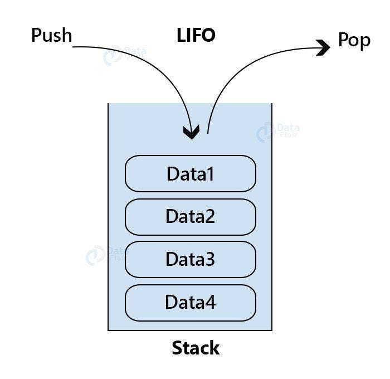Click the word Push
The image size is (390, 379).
tap(52, 36)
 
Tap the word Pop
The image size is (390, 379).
tap(354, 41)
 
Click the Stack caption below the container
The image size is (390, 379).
tap(196, 348)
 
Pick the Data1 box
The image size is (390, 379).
tap(190, 174)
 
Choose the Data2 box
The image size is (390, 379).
tap(190, 216)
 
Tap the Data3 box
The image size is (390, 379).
tap(190, 259)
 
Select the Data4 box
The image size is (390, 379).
tap(190, 302)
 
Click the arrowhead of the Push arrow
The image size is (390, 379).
tap(192, 133)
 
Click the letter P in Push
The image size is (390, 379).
tap(36, 36)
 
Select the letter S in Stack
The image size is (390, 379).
tap(178, 348)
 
